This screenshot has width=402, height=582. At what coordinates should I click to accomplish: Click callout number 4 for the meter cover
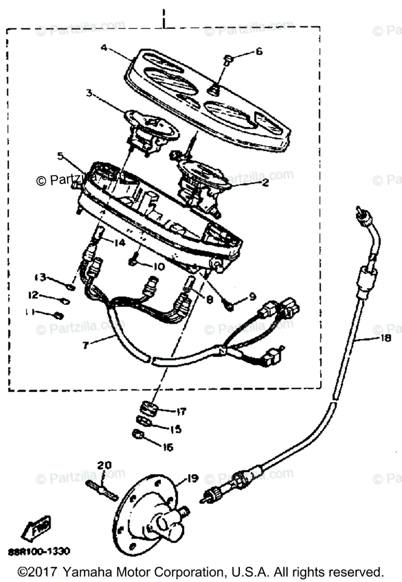[x=103, y=48]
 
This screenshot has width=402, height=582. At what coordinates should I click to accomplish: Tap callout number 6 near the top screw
[x=258, y=51]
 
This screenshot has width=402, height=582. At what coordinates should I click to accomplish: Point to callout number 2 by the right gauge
[x=265, y=183]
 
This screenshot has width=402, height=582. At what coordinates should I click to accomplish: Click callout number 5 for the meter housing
[x=60, y=156]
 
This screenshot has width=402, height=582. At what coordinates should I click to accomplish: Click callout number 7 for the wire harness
[x=85, y=345]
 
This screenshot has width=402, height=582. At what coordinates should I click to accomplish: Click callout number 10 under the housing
[x=159, y=267]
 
